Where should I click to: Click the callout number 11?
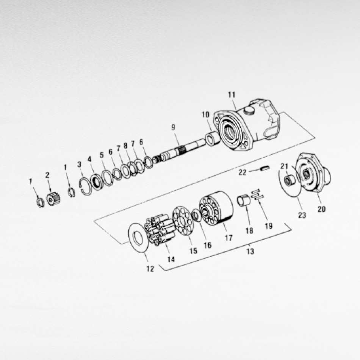pyautogui.click(x=232, y=95)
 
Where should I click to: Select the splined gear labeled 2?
pyautogui.click(x=53, y=199)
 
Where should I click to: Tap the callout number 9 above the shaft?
pyautogui.click(x=173, y=127)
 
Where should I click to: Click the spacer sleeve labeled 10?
pyautogui.click(x=213, y=138)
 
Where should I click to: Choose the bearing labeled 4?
pyautogui.click(x=97, y=182)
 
